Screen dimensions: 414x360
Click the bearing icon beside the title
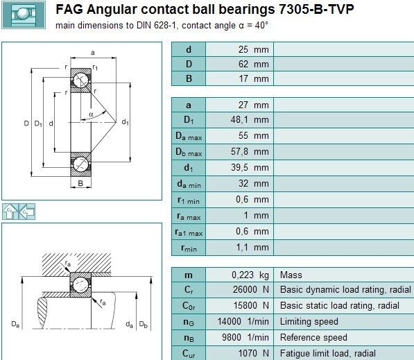coord(24,15)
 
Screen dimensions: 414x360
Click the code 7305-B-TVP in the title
coord(316,9)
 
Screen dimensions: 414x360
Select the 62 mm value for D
coord(254,64)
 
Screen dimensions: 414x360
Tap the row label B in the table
coord(189,78)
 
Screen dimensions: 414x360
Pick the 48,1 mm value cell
coord(250,119)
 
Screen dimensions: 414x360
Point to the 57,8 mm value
coord(250,152)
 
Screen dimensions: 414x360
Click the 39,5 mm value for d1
coord(250,167)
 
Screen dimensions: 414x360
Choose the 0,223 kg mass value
coord(250,275)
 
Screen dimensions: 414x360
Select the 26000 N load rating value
coord(250,289)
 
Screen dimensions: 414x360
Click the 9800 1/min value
coord(245,337)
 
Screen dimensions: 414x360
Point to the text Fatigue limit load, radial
coord(327,353)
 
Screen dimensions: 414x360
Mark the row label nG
coord(189,323)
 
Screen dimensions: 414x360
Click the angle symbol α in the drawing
coord(91,114)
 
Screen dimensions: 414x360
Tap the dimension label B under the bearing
coord(80,183)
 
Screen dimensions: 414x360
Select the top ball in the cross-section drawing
coord(81,80)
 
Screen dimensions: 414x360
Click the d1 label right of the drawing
coord(125,122)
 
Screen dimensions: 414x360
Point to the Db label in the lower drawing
coord(143,324)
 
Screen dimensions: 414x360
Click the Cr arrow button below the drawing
coord(10,212)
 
